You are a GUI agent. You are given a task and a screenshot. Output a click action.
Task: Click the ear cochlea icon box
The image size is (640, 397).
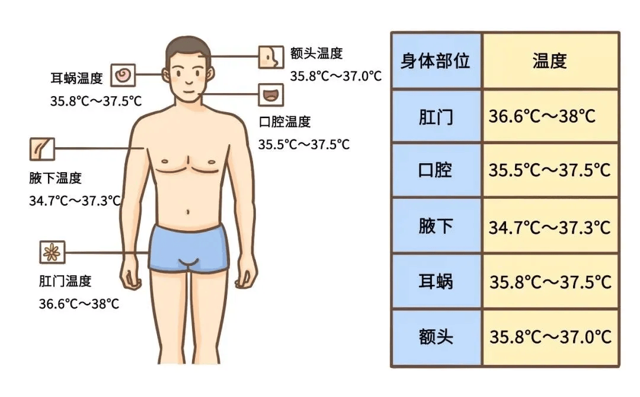123,75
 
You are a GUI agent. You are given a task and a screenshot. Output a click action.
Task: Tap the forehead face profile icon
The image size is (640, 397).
271,57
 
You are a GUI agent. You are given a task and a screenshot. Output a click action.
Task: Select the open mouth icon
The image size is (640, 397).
271,95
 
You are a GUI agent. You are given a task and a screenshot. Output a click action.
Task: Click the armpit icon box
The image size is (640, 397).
42,149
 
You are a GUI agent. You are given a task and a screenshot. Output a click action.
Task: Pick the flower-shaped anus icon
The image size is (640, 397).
52,252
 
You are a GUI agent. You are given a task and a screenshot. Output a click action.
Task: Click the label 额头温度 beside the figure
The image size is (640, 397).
316,53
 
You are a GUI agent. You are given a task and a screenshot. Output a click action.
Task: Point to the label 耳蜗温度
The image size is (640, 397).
76,78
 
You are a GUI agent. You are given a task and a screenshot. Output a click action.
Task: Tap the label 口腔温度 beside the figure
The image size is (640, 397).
285,122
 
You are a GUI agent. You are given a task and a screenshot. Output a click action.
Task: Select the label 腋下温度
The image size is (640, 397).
56,178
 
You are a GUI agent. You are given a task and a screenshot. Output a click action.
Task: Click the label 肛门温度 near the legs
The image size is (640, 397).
65,281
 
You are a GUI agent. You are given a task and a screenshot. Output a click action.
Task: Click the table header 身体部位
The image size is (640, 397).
435,61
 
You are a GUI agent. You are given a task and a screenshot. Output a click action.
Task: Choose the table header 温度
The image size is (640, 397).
549,61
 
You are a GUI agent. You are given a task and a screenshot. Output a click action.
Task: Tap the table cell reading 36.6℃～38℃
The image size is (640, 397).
542,116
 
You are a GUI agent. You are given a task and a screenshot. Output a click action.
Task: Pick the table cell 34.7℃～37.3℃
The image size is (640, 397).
550,228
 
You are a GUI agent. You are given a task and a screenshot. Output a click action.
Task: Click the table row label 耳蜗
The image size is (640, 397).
436,282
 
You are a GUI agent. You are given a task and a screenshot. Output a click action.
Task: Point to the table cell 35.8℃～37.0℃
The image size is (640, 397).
551,337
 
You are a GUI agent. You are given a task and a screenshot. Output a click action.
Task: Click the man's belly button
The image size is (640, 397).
188,212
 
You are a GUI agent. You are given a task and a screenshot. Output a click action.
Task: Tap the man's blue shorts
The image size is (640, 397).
188,248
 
